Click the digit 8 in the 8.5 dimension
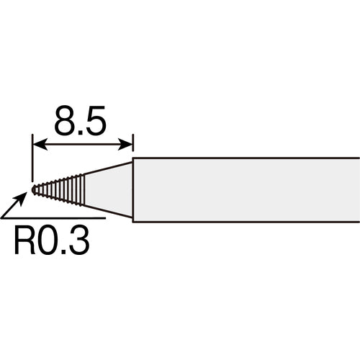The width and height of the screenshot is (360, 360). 66,123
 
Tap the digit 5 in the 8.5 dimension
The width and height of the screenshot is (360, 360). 94,123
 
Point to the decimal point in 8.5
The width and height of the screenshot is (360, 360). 81,133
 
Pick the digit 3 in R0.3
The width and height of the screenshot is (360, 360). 78,240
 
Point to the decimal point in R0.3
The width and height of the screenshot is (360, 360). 66,251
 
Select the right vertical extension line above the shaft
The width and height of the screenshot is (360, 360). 133,148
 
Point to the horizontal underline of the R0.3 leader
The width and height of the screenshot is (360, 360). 58,217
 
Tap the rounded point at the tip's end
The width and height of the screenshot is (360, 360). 34,189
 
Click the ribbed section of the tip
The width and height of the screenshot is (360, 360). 61,189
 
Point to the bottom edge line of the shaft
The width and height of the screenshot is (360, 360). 245,220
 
